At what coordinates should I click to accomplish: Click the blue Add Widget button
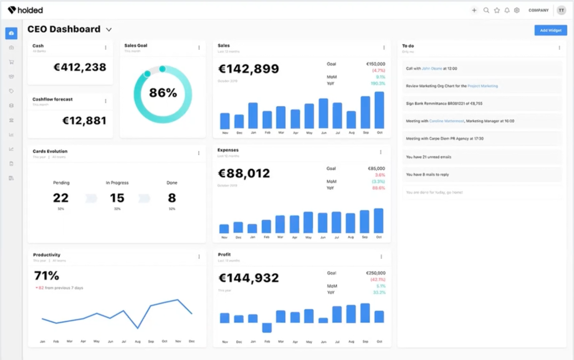pyautogui.click(x=550, y=30)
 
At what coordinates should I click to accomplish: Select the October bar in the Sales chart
pyautogui.click(x=379, y=111)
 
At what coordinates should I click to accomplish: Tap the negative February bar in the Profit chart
pyautogui.click(x=267, y=328)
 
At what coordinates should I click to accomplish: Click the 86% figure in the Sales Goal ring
pyautogui.click(x=163, y=93)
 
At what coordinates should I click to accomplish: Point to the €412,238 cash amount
pyautogui.click(x=80, y=67)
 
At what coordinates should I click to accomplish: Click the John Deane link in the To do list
pyautogui.click(x=431, y=68)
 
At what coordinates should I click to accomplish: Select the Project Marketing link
pyautogui.click(x=482, y=86)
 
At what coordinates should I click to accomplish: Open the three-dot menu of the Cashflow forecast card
pyautogui.click(x=106, y=101)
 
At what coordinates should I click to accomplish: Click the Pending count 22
pyautogui.click(x=61, y=198)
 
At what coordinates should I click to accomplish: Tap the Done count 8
pyautogui.click(x=172, y=198)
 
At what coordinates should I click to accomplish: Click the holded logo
pyautogui.click(x=25, y=10)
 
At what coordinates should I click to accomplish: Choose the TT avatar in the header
pyautogui.click(x=561, y=11)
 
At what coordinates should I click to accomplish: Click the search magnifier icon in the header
pyautogui.click(x=486, y=11)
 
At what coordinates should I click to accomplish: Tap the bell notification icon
pyautogui.click(x=507, y=11)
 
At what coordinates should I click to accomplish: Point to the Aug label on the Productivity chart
pyautogui.click(x=137, y=341)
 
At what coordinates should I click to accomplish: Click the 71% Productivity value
pyautogui.click(x=46, y=276)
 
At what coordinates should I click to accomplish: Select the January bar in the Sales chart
pyautogui.click(x=253, y=116)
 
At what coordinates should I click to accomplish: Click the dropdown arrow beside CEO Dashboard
pyautogui.click(x=109, y=30)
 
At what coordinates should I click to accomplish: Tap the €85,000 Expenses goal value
pyautogui.click(x=376, y=168)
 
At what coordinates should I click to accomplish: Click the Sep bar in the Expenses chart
pyautogui.click(x=364, y=222)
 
